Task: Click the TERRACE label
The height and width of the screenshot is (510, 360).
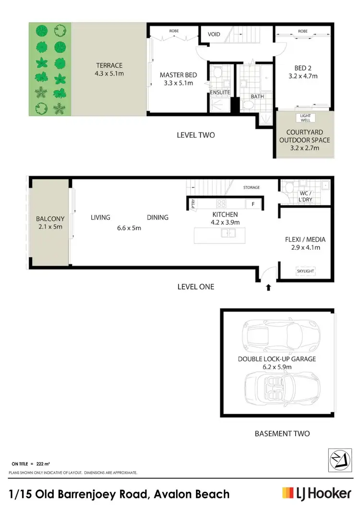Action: [109, 65]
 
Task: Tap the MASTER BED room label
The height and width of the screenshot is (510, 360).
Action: [176, 75]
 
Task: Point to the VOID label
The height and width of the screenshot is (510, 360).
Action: [214, 35]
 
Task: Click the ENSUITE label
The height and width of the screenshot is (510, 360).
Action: [220, 92]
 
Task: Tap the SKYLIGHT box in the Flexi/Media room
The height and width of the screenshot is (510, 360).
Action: [305, 271]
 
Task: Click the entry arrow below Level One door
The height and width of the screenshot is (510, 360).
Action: [268, 288]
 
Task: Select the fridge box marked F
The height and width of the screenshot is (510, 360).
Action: [253, 204]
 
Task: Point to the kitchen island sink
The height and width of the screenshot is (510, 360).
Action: [228, 233]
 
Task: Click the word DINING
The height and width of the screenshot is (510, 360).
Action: [157, 218]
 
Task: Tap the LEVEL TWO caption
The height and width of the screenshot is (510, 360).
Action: [195, 135]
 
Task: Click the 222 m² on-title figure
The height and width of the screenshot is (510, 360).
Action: [44, 464]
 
